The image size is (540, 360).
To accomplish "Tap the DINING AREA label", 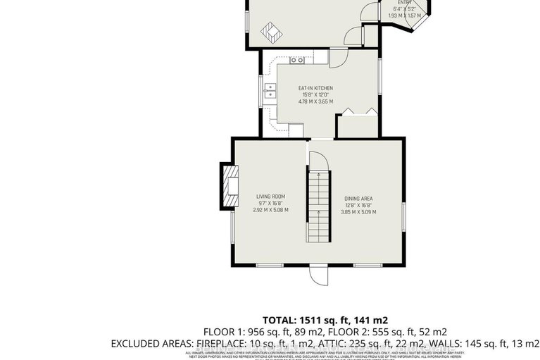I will [x=358, y=199].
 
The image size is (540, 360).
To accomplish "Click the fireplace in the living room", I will [x=230, y=187].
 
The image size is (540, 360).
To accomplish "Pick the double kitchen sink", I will [x=270, y=90].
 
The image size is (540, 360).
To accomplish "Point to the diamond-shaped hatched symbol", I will [x=270, y=32].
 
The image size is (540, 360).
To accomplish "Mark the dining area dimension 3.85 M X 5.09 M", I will [x=358, y=212].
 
